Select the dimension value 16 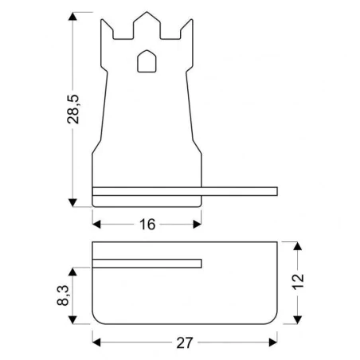pyautogui.click(x=147, y=224)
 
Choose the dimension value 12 pyautogui.click(x=297, y=282)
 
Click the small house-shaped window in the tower pyautogui.click(x=147, y=61)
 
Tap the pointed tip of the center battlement pyautogui.click(x=147, y=14)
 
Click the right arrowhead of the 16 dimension pyautogui.click(x=195, y=224)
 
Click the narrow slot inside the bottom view pyautogui.click(x=147, y=264)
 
